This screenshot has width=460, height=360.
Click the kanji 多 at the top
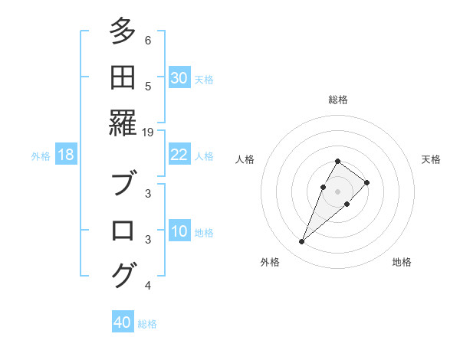click(123, 31)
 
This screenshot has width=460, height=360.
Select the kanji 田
click(123, 77)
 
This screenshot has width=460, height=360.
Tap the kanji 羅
click(123, 123)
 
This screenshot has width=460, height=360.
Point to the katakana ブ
click(123, 185)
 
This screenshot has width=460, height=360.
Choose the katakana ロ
click(123, 231)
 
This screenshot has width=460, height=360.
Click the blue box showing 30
click(179, 78)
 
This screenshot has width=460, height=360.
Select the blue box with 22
click(179, 155)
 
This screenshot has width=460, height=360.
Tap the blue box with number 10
click(179, 231)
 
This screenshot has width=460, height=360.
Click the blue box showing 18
click(66, 155)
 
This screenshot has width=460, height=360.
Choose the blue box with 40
click(123, 322)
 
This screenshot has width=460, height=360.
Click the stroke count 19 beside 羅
click(148, 132)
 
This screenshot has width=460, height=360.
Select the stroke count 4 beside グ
click(148, 286)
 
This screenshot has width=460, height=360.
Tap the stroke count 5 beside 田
click(148, 86)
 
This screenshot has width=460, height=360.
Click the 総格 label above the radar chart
click(338, 100)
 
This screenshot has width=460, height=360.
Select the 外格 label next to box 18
click(41, 155)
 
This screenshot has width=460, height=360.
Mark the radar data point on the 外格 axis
click(302, 242)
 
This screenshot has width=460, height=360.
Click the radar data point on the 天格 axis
click(367, 182)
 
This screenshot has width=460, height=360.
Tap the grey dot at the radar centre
click(338, 191)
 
